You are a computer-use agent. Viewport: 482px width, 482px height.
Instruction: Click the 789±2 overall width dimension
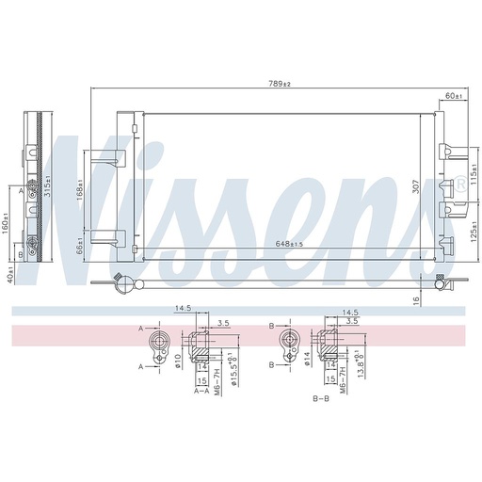tap(281, 85)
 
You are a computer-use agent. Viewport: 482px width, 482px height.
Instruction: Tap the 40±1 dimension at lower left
tap(8, 276)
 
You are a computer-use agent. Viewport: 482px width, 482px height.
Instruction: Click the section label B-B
tap(320, 399)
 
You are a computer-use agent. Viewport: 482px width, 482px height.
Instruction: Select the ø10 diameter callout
tap(179, 360)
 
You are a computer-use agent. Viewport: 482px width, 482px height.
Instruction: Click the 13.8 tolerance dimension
tap(362, 360)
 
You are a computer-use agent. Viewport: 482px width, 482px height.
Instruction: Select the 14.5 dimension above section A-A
tap(183, 308)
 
